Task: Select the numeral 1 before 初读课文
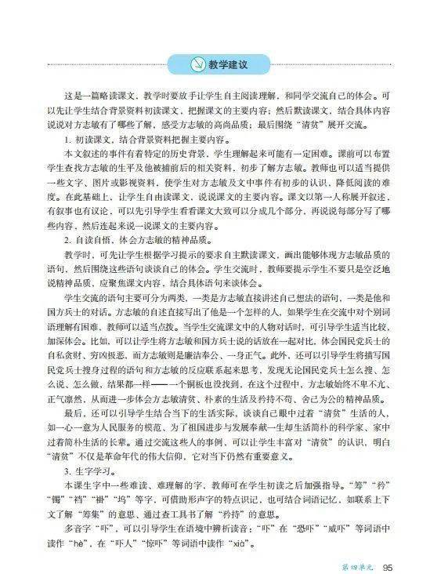point(69,139)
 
